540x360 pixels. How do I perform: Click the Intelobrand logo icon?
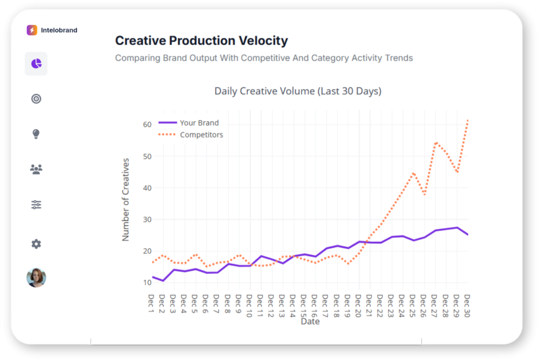(x=32, y=30)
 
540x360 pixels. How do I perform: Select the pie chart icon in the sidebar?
(x=36, y=64)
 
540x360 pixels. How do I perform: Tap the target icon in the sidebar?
(x=36, y=99)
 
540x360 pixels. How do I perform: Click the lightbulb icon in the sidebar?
(x=36, y=134)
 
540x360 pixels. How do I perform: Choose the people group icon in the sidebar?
(x=36, y=169)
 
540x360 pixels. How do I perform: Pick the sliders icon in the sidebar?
(x=36, y=205)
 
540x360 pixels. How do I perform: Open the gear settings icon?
(x=36, y=244)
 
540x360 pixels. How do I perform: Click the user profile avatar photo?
(x=36, y=278)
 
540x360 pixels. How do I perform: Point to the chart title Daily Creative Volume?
(x=297, y=91)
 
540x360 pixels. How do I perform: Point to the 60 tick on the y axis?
(x=147, y=124)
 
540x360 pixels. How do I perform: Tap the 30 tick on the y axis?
(x=147, y=219)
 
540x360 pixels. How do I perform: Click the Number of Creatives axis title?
(x=126, y=199)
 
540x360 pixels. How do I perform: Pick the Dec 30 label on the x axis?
(x=467, y=305)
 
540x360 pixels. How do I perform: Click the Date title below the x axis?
(x=310, y=321)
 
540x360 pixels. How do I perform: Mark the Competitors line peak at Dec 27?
(x=436, y=142)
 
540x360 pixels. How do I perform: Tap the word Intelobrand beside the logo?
(x=59, y=30)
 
